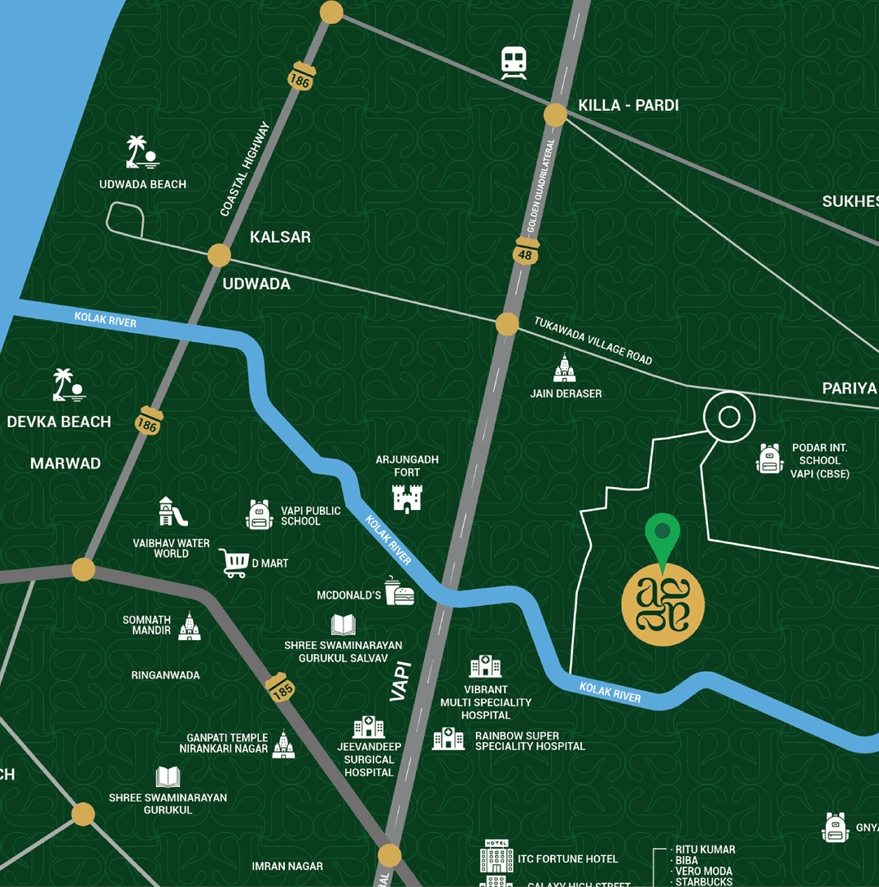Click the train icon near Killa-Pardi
point(514,62)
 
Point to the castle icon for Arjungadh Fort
point(407,498)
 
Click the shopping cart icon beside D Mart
point(233,563)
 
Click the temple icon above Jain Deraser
point(565,368)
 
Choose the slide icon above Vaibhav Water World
point(173,512)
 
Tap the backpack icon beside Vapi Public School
point(259,515)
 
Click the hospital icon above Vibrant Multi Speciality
point(485,666)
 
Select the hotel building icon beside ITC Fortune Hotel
point(496,857)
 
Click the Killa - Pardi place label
point(628,105)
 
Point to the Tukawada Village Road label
point(593,340)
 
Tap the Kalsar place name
point(280,237)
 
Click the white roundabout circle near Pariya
point(729,418)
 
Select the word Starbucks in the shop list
point(705,881)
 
